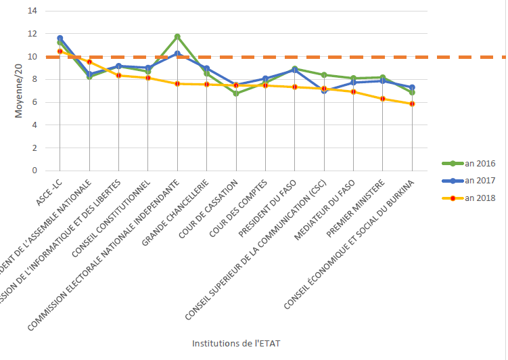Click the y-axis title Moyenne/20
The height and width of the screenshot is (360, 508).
[x=19, y=91]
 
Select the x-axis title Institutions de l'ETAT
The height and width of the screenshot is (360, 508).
[x=236, y=343]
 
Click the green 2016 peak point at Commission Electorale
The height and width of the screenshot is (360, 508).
[x=177, y=37]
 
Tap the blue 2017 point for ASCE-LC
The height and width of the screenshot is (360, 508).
[x=60, y=39]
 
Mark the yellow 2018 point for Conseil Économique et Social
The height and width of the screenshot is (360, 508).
[x=412, y=104]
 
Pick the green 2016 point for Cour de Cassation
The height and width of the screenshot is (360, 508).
[x=236, y=93]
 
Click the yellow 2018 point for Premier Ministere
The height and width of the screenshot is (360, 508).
[x=383, y=99]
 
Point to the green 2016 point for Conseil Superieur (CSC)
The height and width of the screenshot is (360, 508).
[x=324, y=75]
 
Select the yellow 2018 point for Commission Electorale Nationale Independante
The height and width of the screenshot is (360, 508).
[x=177, y=84]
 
